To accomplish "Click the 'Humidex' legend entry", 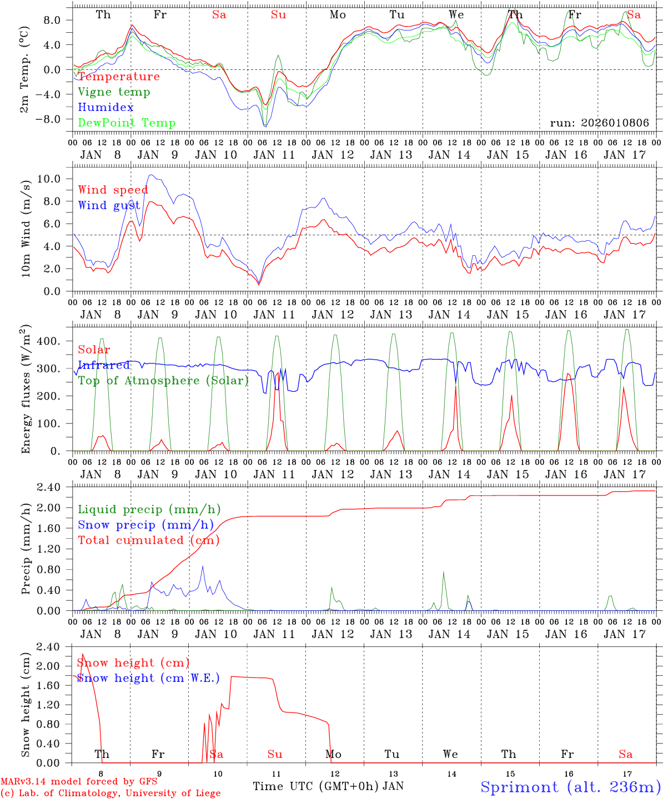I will coord(106,108).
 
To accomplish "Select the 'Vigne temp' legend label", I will coord(114,92).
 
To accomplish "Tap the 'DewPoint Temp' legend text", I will coord(127,123).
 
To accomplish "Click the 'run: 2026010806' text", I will coord(599,123).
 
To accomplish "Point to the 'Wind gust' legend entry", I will coord(109,205).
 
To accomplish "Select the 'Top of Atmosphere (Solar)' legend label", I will coord(163,381).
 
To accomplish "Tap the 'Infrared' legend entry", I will coord(104,365).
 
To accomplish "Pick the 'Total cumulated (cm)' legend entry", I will coord(148,540).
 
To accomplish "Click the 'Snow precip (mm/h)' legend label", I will coord(145,525).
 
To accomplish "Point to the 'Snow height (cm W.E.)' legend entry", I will coord(148,678).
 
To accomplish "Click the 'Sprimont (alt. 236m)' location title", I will coord(570,787).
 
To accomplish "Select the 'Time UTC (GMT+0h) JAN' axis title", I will coord(328,786).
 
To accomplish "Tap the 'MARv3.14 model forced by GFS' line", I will coord(79,782).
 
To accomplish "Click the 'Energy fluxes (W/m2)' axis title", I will coord(26,388).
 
